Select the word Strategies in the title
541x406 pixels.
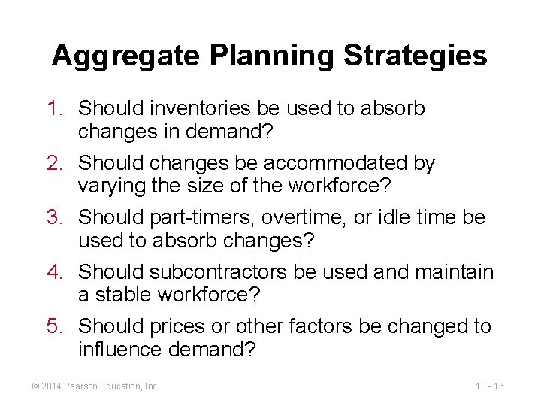point(416,56)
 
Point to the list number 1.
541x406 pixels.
point(58,108)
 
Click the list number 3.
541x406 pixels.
point(58,217)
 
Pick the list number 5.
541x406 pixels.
point(58,326)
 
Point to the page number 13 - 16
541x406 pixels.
point(489,386)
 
